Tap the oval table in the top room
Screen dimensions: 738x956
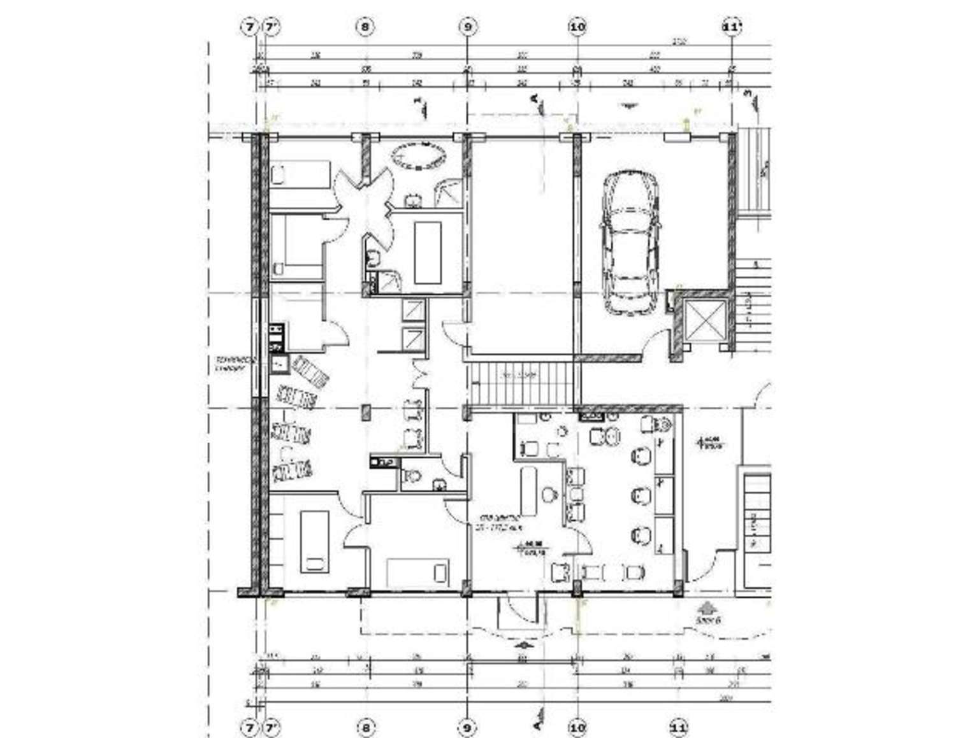pyautogui.click(x=418, y=156)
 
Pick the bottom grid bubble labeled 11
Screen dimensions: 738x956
pyautogui.click(x=679, y=727)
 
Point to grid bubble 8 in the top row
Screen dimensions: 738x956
pyautogui.click(x=365, y=27)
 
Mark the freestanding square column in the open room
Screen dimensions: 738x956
pyautogui.click(x=365, y=412)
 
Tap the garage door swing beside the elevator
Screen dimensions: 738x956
pyautogui.click(x=656, y=347)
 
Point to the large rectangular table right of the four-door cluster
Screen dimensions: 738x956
pyautogui.click(x=428, y=252)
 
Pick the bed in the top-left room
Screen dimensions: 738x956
pyautogui.click(x=298, y=174)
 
